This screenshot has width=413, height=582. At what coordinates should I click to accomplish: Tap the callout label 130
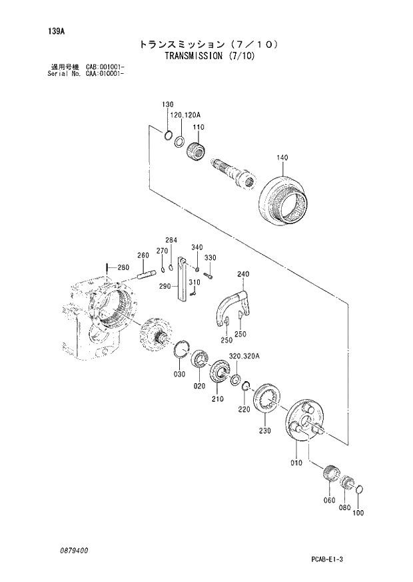(167, 104)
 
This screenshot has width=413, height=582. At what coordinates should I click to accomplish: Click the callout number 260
(143, 255)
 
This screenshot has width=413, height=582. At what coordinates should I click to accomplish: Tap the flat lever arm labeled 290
(183, 283)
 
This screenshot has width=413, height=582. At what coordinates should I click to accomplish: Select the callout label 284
(171, 240)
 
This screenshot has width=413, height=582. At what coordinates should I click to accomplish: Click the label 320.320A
(244, 357)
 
